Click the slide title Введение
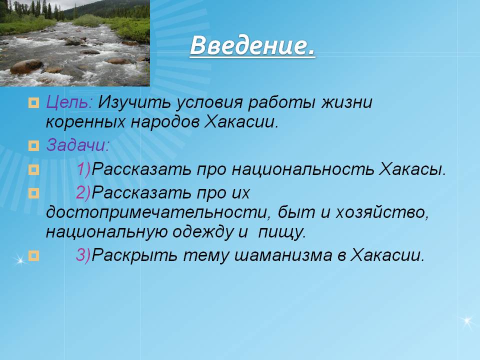click(252, 46)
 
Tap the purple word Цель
click(69, 102)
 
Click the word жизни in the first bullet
click(346, 102)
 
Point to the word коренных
click(85, 122)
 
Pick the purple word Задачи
click(78, 145)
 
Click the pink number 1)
click(84, 169)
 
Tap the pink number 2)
click(83, 192)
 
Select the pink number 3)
click(83, 254)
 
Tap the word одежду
click(202, 232)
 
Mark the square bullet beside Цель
click(33, 103)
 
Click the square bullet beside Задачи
click(33, 145)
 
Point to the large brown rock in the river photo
click(26, 66)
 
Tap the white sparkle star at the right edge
click(467, 321)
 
